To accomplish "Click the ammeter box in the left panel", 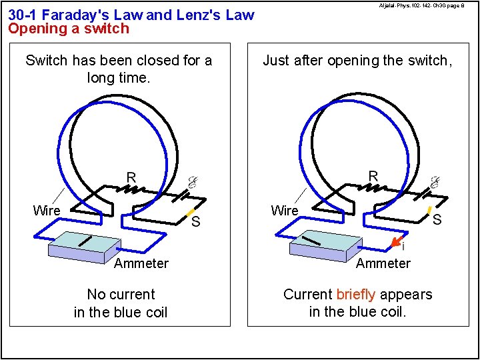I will (83, 246).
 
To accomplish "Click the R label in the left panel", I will (131, 177).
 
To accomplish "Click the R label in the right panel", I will (373, 176).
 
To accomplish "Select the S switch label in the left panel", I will (195, 221).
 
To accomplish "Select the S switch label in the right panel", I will (437, 219).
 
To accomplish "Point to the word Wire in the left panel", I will (47, 211).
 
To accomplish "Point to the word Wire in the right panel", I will (285, 211).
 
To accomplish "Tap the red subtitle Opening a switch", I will (69, 29).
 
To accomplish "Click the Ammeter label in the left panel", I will (141, 263).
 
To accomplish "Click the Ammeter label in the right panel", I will (383, 263).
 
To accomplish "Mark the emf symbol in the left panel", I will (191, 181).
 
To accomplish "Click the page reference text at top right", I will (421, 6).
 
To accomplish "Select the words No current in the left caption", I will (121, 295).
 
